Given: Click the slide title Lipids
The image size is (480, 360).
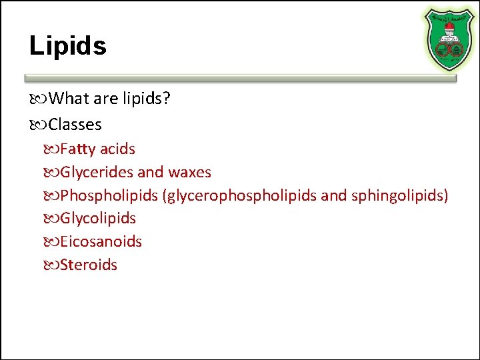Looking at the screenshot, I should tap(67, 46).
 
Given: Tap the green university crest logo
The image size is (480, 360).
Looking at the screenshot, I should tap(450, 38).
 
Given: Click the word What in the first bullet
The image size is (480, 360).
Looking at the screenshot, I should tap(69, 99).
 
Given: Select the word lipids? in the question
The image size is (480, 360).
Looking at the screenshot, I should tap(146, 99).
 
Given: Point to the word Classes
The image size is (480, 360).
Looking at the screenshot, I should tap(75, 125).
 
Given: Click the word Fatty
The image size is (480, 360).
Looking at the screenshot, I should tap(78, 149).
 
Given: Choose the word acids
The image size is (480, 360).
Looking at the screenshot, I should tap(117, 149).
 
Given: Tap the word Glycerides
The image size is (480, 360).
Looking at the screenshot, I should tap(97, 173).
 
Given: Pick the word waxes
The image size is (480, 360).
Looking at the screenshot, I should tap(189, 173).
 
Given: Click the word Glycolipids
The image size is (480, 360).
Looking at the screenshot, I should tap(97, 219).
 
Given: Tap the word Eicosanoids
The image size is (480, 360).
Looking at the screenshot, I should tap(101, 241).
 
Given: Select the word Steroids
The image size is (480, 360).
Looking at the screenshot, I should tap(88, 265).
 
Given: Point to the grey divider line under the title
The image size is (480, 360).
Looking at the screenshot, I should tap(240, 78).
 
